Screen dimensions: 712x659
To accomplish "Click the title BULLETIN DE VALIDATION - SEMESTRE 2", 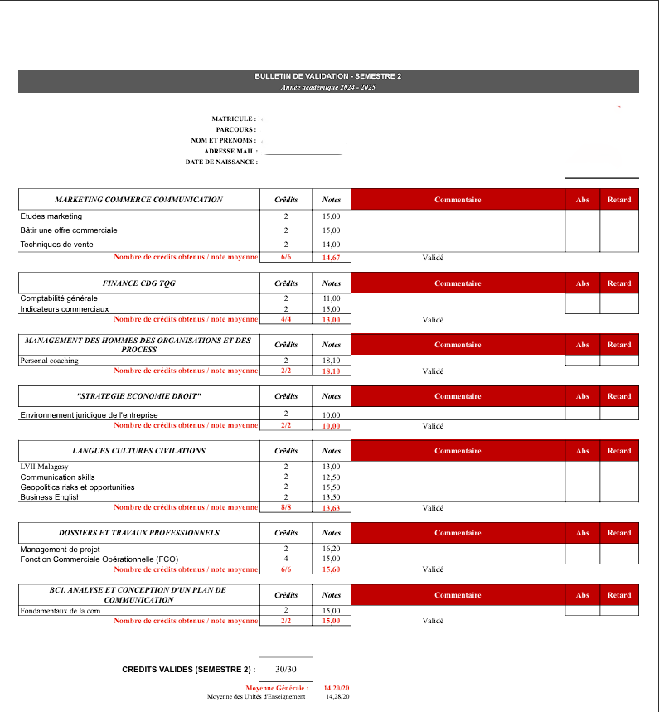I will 328,76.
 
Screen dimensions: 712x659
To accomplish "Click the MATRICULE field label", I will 233,119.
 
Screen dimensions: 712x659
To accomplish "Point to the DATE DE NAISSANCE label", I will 220,162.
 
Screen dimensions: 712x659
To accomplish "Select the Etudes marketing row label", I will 51,216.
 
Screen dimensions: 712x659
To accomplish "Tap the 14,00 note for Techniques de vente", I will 332,245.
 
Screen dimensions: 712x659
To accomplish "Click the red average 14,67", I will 332,258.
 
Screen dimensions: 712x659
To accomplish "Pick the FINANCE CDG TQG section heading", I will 138,283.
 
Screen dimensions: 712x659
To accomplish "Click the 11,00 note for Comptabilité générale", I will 332,298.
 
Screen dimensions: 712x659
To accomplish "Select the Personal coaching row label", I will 50,361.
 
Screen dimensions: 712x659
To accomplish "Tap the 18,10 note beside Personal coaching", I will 332,361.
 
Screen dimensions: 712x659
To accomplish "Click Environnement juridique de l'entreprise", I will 89,415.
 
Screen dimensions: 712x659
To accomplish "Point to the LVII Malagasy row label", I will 45,467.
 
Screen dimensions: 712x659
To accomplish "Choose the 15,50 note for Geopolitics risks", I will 332,487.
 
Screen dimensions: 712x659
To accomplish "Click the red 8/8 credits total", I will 286,508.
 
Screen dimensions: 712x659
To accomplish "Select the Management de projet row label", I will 60,549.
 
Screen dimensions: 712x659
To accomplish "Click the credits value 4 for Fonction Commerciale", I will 286,559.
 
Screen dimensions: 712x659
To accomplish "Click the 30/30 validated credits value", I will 286,669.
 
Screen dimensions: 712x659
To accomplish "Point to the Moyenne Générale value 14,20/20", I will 337,688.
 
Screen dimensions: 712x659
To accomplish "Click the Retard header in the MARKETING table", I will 619,200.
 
